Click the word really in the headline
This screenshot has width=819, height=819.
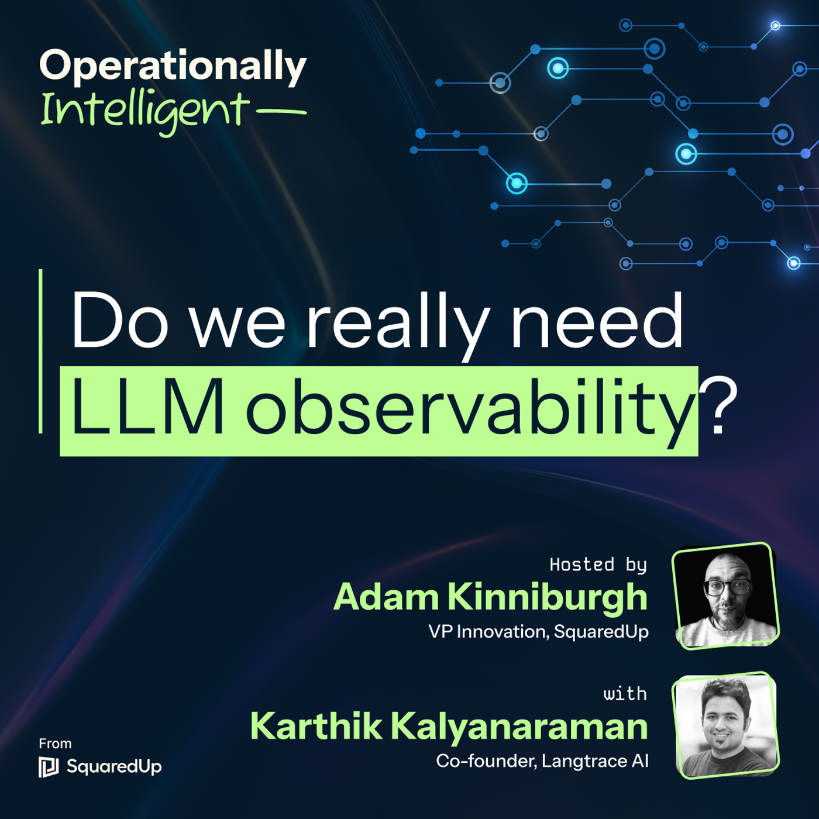pos(398,322)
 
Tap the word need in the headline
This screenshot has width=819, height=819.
pos(597,322)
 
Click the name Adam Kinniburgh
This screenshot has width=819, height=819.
pos(490,597)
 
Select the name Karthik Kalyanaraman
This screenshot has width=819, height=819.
pos(449,727)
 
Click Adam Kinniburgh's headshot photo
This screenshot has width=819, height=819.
pos(726,596)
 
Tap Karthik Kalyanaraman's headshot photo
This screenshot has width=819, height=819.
pos(726,725)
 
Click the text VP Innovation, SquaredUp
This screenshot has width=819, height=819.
pos(538,632)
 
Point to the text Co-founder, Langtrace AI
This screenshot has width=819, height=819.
pos(542,761)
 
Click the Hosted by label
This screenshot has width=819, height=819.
pos(598,565)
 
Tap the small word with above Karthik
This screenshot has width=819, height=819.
pos(625,694)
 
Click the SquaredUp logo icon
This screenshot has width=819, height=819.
pos(49,767)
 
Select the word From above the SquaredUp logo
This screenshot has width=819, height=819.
pos(55,744)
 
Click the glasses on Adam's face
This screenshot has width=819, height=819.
pos(727,586)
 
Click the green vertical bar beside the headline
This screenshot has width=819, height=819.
pos(40,351)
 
